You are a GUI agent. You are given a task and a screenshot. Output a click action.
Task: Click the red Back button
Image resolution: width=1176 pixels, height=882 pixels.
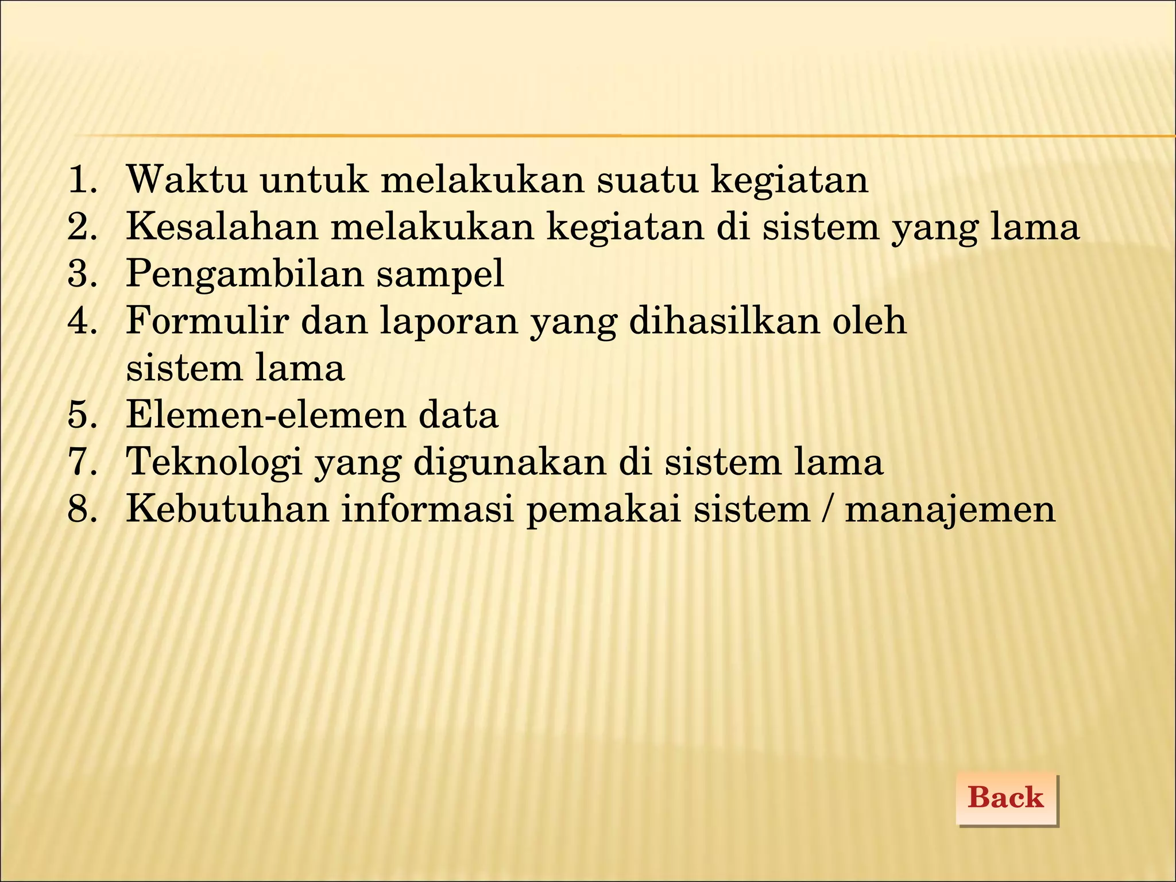pyautogui.click(x=1006, y=798)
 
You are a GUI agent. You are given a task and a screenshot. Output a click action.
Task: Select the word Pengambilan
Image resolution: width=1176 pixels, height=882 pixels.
pyautogui.click(x=245, y=274)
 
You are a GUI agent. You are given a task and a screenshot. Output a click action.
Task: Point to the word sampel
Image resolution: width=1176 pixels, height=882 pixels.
pyautogui.click(x=440, y=274)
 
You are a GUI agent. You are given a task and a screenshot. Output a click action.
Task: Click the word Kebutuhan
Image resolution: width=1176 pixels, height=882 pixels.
pyautogui.click(x=227, y=509)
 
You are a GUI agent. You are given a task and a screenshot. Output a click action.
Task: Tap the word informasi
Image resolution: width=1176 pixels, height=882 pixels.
pyautogui.click(x=427, y=509)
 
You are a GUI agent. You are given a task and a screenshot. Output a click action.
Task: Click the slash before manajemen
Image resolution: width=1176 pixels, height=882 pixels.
pyautogui.click(x=826, y=509)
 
